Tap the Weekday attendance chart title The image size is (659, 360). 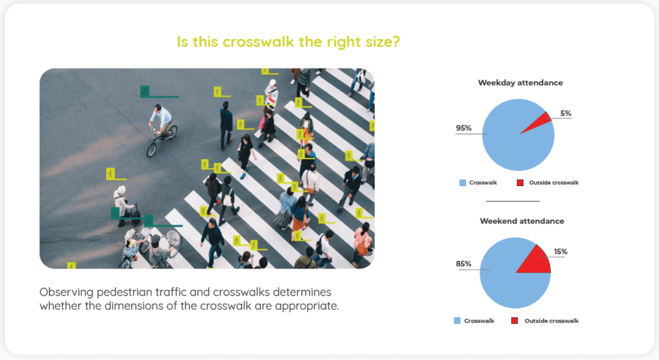[520, 83]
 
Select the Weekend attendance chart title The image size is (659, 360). [522, 221]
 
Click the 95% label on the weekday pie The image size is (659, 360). [463, 128]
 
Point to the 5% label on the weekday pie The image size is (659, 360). [566, 113]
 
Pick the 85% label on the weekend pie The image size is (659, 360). [463, 263]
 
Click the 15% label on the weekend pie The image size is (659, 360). [561, 252]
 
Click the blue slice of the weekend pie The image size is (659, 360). [502, 278]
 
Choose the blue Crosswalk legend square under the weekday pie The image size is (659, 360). [463, 182]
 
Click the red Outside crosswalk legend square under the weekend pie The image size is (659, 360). [514, 321]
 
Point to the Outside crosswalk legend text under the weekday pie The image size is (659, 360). [554, 182]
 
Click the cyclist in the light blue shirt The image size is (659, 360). [161, 120]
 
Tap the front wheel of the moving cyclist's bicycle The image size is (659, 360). [151, 149]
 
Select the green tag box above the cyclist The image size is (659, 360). [145, 91]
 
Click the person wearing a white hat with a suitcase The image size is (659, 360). [123, 205]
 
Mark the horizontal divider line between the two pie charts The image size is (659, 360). [513, 202]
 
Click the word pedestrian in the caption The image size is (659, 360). [123, 292]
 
